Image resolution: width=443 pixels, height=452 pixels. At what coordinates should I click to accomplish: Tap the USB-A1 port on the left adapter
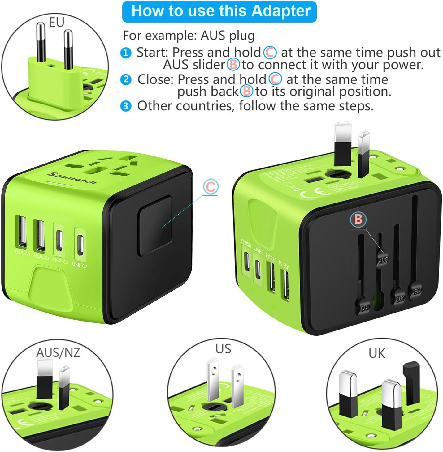22,234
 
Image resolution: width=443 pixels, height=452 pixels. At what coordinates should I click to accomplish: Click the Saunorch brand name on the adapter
72,178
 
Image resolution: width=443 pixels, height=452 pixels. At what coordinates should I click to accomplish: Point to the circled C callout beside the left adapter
211,187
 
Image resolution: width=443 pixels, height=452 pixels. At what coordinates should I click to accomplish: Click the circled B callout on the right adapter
358,219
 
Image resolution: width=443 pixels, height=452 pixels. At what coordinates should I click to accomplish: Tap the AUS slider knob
383,260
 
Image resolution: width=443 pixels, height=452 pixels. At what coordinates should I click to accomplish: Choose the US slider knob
365,307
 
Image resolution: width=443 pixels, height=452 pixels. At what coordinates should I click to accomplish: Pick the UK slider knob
400,298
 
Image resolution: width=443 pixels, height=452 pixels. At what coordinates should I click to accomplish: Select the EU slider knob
417,291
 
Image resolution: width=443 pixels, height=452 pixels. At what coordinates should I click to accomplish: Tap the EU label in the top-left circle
56,22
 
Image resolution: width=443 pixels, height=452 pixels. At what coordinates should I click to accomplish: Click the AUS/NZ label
58,352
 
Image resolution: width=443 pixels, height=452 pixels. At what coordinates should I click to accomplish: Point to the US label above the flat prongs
223,349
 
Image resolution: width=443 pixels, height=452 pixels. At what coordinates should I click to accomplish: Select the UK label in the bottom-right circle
377,353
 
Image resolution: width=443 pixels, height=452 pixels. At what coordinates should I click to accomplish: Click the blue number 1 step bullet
126,53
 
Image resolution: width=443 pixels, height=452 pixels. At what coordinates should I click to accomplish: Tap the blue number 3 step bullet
126,106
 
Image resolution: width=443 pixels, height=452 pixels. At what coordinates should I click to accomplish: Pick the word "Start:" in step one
152,53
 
